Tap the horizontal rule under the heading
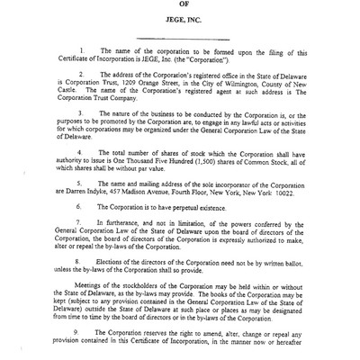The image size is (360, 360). coord(185,62)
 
